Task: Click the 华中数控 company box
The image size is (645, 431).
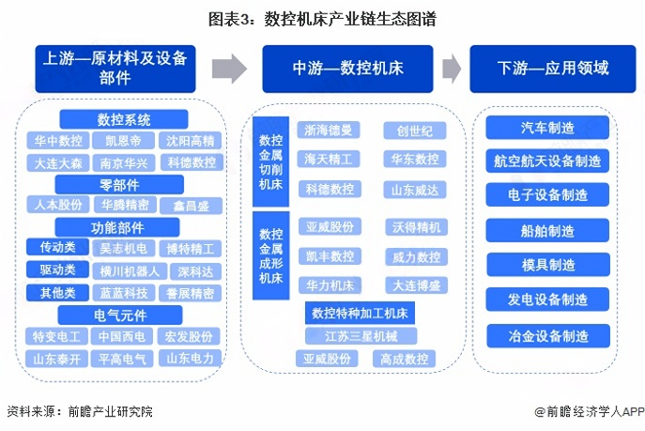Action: (x=58, y=141)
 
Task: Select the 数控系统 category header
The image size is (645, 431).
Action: (x=124, y=119)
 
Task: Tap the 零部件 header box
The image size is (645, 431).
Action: (x=119, y=185)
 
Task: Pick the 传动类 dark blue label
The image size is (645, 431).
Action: (x=57, y=247)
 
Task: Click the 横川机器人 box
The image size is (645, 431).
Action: (x=130, y=271)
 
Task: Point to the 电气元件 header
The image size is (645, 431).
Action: (x=120, y=315)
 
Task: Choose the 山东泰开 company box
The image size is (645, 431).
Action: (x=56, y=359)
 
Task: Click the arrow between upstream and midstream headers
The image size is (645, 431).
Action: (x=229, y=69)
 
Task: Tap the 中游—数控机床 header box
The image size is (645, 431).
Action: (x=347, y=69)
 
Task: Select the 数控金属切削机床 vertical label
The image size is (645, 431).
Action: (x=270, y=162)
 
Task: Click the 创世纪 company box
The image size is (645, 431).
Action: (x=415, y=131)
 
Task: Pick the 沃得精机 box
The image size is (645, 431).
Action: (x=416, y=227)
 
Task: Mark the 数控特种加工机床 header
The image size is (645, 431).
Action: (x=360, y=313)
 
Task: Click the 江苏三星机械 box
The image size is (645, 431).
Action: (x=361, y=336)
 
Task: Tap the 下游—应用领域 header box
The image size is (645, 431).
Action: (x=553, y=69)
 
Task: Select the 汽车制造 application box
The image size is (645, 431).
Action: (x=547, y=128)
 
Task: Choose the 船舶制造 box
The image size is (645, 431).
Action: (x=547, y=230)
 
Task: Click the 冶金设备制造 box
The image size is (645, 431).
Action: (x=548, y=336)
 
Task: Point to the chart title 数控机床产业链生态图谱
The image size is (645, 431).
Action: (x=350, y=19)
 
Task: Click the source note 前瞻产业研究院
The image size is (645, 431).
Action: (x=110, y=411)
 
